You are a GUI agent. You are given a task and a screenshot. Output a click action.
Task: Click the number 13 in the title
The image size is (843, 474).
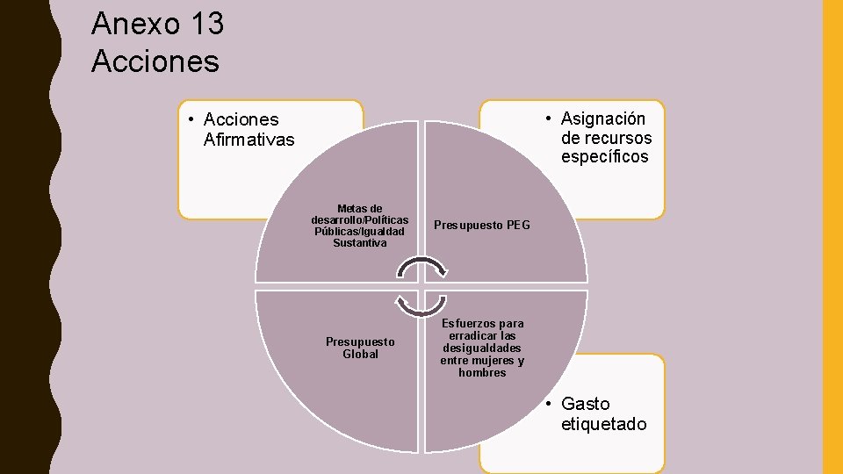tap(205, 24)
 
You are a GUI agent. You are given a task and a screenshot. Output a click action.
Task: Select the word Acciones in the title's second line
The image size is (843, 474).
tap(155, 61)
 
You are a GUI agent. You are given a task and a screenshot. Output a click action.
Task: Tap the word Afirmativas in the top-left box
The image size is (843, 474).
tap(249, 140)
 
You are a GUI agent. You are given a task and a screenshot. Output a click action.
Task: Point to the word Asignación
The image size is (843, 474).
tap(603, 118)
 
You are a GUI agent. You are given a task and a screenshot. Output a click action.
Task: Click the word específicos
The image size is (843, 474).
tap(605, 157)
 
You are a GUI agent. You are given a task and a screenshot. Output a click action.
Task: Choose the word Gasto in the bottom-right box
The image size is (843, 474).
tap(586, 405)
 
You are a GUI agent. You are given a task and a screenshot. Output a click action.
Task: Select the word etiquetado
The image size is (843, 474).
tap(604, 424)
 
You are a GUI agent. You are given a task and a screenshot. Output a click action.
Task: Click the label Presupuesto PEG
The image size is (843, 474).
tap(482, 225)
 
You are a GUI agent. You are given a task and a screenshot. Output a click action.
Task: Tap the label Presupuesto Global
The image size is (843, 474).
tap(360, 348)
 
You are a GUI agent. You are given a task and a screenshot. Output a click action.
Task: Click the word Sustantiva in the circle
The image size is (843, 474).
tap(360, 243)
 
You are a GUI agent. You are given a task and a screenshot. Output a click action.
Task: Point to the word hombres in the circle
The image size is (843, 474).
tap(482, 373)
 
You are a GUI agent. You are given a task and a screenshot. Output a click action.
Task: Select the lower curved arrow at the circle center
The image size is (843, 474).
tap(421, 303)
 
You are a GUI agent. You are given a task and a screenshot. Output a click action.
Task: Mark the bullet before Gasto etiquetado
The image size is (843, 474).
tap(546, 405)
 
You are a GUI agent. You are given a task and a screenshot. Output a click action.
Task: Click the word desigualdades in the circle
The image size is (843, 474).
tap(482, 348)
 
